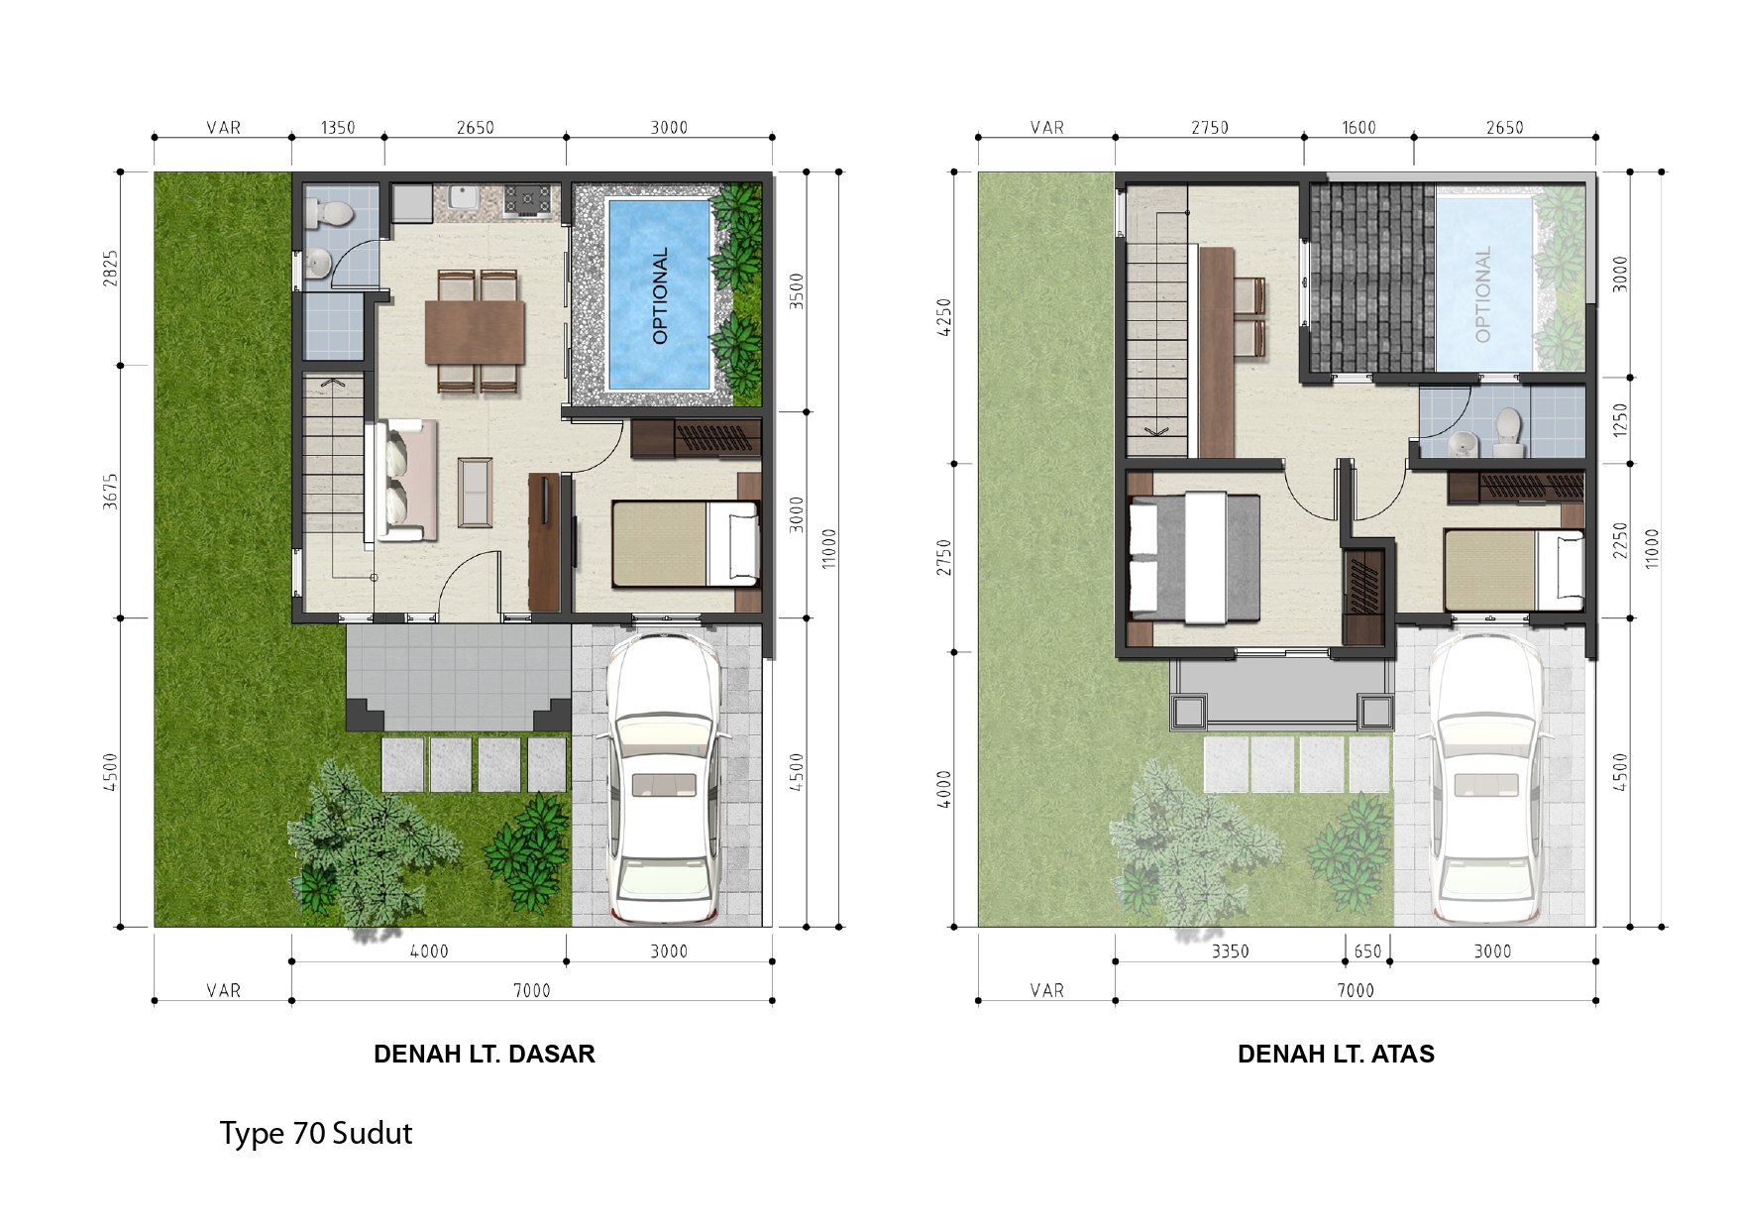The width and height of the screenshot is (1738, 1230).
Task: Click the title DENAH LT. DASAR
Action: (484, 1054)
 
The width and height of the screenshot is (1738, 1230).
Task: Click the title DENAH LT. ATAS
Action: (1336, 1054)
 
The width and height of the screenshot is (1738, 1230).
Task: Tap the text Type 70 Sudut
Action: (315, 1133)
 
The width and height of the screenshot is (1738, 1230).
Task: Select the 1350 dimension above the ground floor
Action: (338, 128)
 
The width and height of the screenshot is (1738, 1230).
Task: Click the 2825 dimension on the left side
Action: (111, 269)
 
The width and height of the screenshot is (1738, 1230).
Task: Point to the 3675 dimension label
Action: (111, 492)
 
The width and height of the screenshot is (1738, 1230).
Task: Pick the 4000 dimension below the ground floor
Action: (429, 951)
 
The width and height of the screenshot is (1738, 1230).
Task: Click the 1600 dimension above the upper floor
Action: (1358, 128)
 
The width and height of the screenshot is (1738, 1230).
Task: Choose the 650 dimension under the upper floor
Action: (1367, 951)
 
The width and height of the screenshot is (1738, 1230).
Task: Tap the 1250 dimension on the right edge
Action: (1620, 420)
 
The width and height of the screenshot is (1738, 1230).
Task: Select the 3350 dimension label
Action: (1230, 951)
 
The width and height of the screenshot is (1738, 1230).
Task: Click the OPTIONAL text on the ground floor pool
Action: (661, 295)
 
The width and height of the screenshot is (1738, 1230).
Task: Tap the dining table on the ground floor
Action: (475, 332)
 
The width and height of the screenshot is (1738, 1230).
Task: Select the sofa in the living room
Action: (401, 480)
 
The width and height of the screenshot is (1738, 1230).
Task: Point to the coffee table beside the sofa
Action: (475, 492)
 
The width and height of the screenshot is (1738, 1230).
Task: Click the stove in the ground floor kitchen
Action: (528, 200)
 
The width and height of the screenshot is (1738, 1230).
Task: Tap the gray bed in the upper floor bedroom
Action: (1195, 559)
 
